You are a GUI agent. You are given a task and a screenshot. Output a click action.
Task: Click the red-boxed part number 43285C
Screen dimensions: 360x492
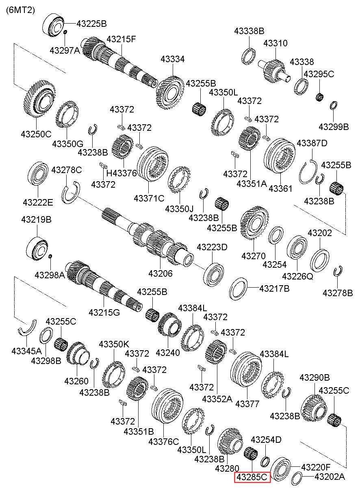(252, 477)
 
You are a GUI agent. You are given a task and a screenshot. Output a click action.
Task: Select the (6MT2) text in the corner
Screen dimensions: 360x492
(20, 10)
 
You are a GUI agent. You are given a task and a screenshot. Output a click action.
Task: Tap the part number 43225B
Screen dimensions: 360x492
(91, 24)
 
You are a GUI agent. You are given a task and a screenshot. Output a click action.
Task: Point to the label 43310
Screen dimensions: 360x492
(275, 43)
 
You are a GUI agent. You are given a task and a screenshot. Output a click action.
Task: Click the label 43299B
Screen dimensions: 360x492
(334, 127)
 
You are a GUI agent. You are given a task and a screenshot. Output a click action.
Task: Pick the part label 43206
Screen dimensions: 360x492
(160, 273)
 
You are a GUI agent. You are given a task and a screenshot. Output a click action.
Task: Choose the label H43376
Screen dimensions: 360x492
(121, 173)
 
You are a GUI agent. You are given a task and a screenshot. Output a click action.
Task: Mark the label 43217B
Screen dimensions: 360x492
(274, 288)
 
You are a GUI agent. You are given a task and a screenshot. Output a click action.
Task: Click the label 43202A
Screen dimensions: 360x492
(330, 477)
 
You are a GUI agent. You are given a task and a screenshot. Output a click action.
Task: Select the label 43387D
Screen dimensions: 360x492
(312, 143)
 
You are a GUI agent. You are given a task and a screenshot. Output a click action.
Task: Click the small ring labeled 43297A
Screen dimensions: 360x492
(65, 32)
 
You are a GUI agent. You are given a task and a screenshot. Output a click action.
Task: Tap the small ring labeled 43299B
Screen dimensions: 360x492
(334, 105)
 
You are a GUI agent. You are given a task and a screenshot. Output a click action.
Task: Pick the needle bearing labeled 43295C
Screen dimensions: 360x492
(320, 97)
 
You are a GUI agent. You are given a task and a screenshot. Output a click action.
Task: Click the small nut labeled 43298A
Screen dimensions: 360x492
(50, 256)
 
